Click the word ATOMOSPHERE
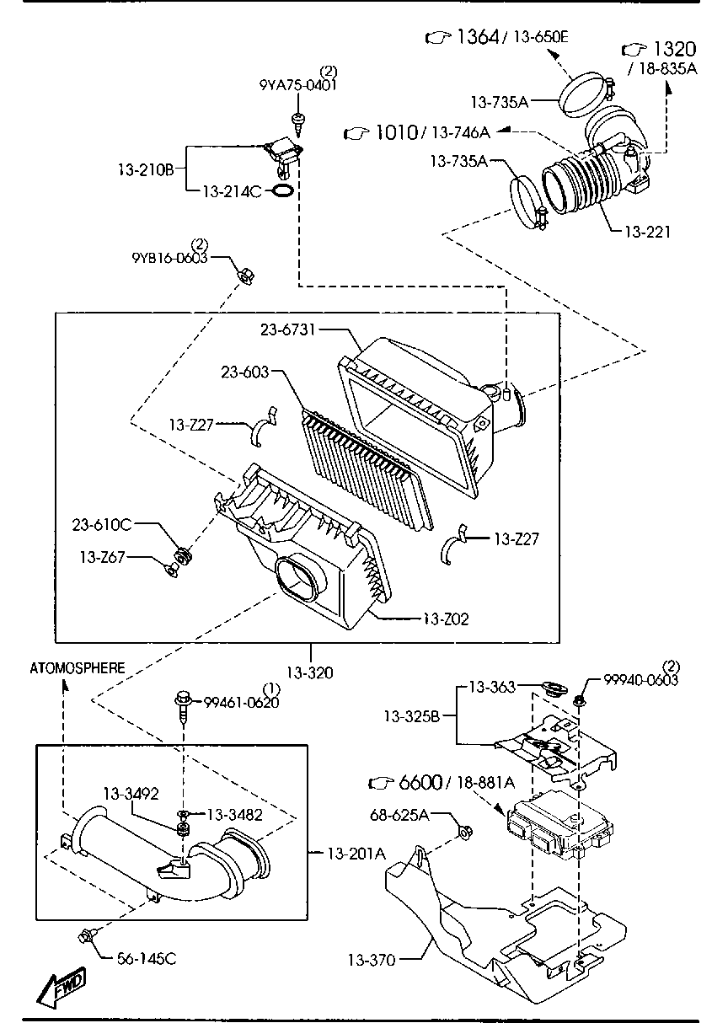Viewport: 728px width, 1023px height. click(78, 668)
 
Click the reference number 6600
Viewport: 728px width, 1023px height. click(420, 783)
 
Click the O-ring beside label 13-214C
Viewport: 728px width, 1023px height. click(285, 192)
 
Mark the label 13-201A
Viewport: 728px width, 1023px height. click(355, 854)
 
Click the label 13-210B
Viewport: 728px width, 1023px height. click(145, 169)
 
